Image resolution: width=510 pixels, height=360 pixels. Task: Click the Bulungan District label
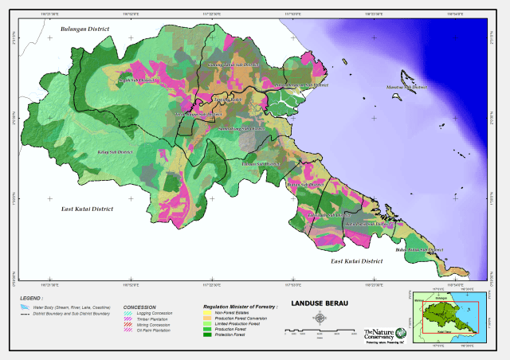click(x=84, y=29)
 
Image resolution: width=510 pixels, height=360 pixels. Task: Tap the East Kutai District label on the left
click(x=87, y=208)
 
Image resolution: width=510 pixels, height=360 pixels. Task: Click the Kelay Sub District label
click(x=113, y=149)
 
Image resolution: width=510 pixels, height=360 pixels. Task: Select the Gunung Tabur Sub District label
click(x=234, y=64)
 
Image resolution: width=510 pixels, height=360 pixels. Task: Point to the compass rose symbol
click(x=320, y=319)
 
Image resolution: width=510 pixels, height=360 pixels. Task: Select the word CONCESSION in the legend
click(x=139, y=307)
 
